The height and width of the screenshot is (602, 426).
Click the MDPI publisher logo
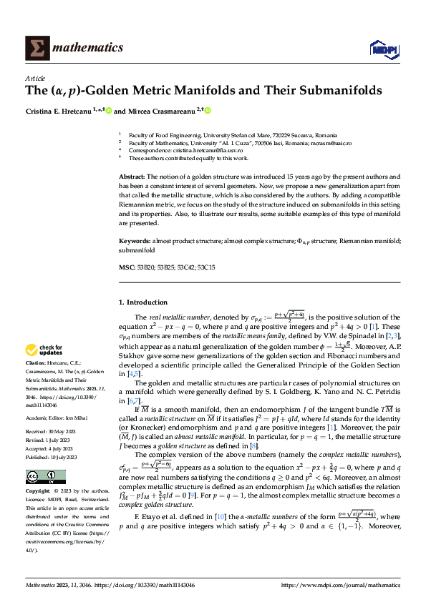click(x=382, y=48)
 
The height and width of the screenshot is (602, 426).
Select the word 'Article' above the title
click(x=35, y=78)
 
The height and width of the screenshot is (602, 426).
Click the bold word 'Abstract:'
click(x=132, y=176)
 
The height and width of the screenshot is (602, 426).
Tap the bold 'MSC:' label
click(x=126, y=267)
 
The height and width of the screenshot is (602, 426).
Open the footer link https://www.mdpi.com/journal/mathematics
click(x=340, y=586)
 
